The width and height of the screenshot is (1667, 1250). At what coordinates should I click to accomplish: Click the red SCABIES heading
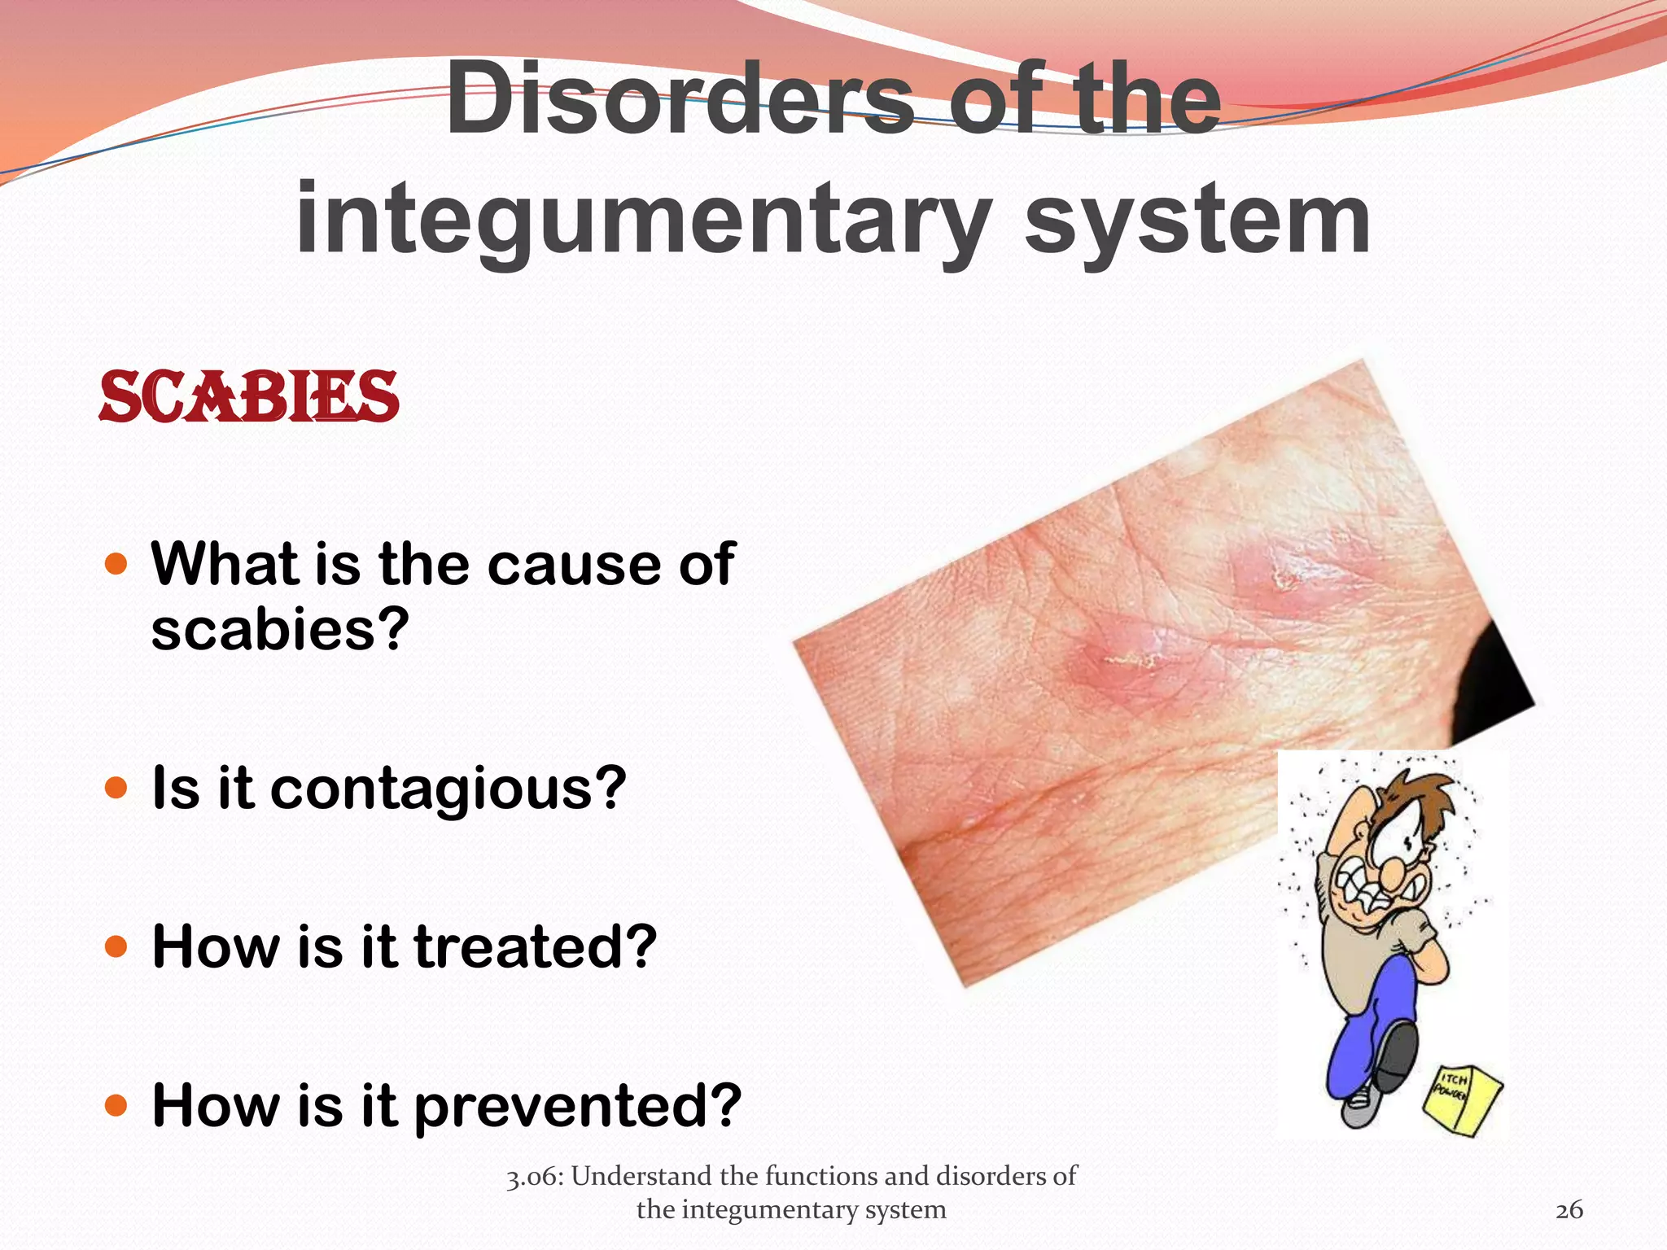point(248,397)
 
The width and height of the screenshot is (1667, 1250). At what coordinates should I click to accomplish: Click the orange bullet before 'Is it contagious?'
point(117,788)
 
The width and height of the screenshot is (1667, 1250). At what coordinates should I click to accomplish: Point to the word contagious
point(448,789)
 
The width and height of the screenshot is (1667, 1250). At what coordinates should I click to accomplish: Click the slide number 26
point(1569,1210)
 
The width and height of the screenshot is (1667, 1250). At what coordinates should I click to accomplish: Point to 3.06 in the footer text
point(533,1177)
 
